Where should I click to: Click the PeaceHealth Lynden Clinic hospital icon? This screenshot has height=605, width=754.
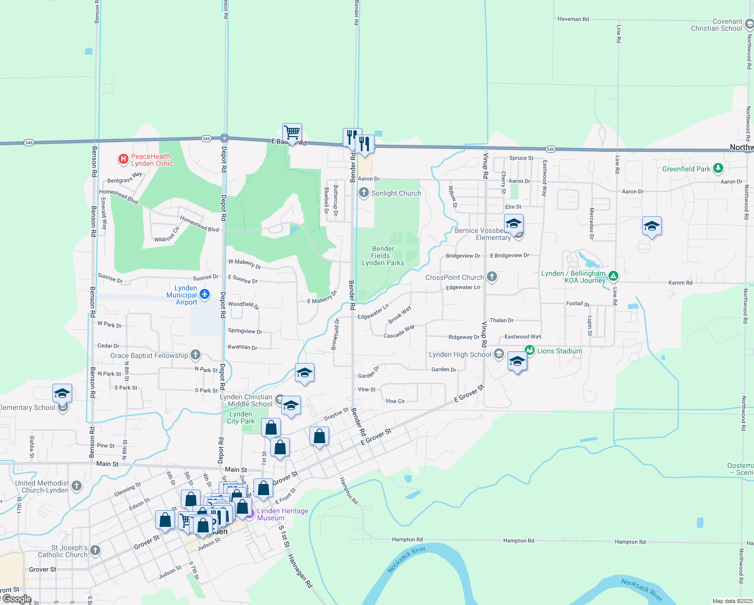coord(123,160)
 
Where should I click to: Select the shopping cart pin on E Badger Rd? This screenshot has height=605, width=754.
coord(292,133)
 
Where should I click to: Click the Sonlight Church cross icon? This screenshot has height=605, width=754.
coord(364,193)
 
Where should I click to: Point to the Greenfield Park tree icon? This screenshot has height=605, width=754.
coord(718,168)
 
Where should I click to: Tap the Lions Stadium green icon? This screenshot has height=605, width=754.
coord(529,350)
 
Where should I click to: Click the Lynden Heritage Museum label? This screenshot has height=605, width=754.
coord(282,514)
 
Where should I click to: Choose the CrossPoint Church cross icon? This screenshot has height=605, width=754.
coord(492,277)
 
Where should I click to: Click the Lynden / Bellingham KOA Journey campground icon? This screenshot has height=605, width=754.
coord(613,276)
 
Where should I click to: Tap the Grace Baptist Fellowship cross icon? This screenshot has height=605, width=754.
coord(196,355)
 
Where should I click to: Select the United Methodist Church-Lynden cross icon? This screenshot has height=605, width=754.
coord(77,486)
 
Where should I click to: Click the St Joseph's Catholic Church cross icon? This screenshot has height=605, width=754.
coord(95,551)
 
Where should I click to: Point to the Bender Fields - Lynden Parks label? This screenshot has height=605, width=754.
coord(383,256)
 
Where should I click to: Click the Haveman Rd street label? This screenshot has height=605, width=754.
coord(573,19)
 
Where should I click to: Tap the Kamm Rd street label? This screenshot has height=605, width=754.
coord(680,283)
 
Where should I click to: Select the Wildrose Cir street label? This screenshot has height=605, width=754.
coord(167,235)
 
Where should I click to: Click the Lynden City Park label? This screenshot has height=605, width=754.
coord(241,417)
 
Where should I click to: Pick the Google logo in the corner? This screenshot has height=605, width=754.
coord(18,599)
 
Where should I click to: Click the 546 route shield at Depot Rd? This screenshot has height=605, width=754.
coord(206,139)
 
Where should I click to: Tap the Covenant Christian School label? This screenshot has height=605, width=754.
coord(716,25)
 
